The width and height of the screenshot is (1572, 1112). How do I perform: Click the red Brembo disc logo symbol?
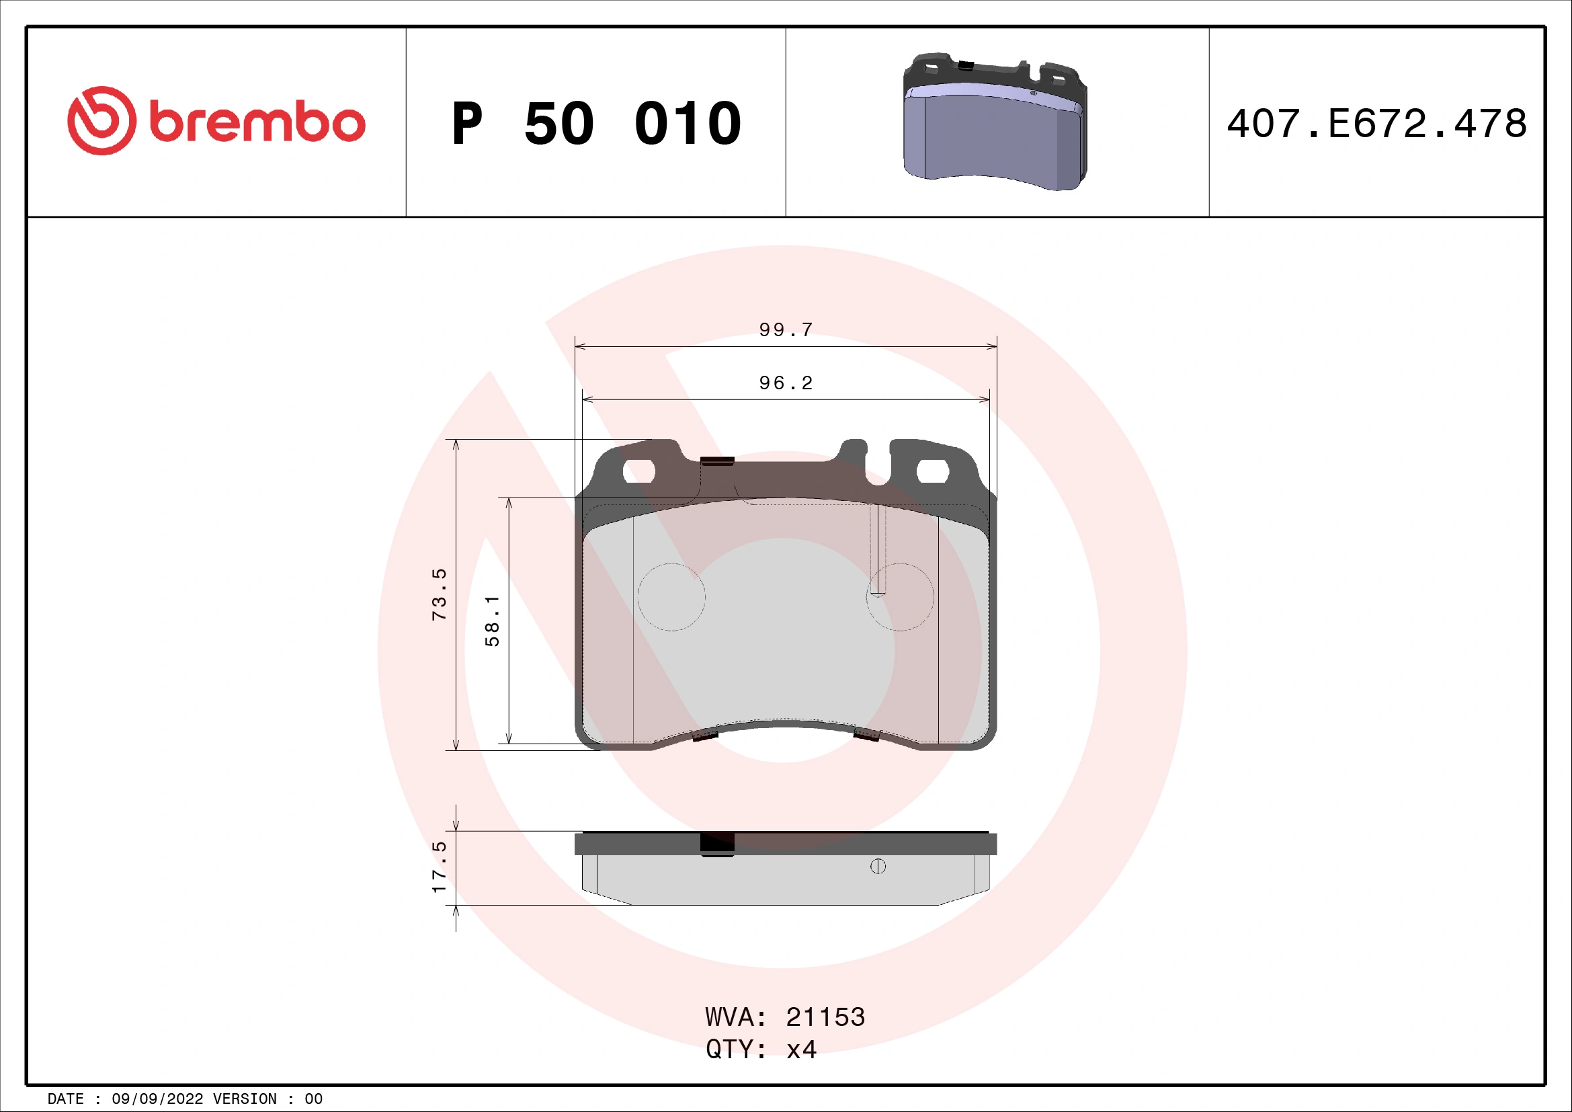[101, 120]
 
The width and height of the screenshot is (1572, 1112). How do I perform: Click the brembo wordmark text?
[257, 123]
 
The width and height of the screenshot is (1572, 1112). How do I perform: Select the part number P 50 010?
[595, 124]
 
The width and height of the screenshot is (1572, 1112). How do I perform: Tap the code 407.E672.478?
[1376, 124]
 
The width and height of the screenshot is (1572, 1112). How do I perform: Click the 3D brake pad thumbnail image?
[995, 122]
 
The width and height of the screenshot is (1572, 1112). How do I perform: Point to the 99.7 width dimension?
[785, 330]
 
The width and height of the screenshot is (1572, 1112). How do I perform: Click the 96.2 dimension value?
[785, 383]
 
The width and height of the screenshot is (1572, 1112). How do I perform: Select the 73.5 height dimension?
[439, 594]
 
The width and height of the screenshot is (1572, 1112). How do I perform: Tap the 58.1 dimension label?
[492, 621]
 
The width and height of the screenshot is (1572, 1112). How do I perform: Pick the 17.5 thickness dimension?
[439, 867]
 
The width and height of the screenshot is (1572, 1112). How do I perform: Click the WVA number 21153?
[825, 1017]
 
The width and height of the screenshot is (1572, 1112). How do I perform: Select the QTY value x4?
[801, 1049]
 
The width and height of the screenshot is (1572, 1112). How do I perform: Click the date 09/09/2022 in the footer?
[157, 1099]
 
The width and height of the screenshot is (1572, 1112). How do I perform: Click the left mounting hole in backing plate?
[638, 471]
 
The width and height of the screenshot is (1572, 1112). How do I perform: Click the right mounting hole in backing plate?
[932, 471]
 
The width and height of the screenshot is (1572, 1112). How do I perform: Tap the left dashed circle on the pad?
[671, 597]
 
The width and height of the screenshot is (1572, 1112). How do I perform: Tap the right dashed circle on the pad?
[900, 597]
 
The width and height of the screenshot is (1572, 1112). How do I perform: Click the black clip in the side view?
[717, 844]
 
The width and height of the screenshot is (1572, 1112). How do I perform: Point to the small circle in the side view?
[878, 867]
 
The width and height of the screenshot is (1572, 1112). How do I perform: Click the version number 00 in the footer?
[314, 1099]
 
